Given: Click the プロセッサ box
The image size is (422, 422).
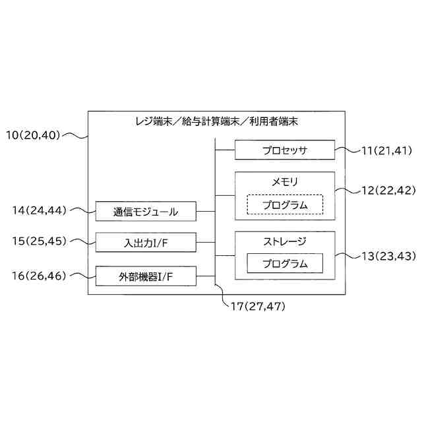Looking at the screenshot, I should point(285,150).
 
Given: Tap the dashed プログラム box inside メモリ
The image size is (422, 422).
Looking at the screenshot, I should point(285,204).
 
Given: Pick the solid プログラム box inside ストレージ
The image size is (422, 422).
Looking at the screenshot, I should point(285,264).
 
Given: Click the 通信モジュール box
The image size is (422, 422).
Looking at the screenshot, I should point(146,212).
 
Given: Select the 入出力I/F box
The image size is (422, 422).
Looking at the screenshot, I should point(146,243).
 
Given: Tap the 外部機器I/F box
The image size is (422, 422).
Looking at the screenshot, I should point(146,276).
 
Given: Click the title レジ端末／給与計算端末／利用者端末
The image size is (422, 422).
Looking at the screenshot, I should point(214,121).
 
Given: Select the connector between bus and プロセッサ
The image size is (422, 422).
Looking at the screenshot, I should point(226,150).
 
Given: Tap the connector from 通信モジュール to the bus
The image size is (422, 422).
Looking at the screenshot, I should point(206,212).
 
